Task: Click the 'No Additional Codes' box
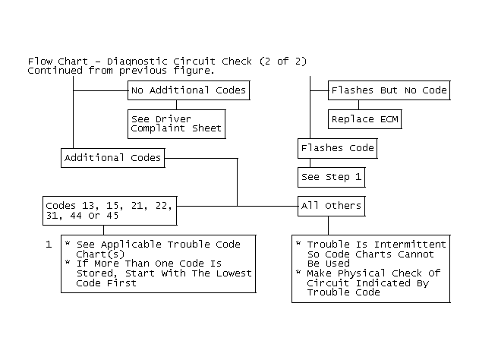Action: coord(189,90)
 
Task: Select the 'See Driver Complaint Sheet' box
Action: coord(177,124)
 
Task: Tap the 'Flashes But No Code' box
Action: coord(389,90)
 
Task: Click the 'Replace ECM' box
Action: coord(364,119)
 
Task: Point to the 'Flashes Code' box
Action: coord(338,148)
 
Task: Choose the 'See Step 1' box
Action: coord(332,177)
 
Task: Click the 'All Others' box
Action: coord(332,206)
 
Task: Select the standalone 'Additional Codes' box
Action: coord(112,158)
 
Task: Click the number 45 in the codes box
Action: coord(112,216)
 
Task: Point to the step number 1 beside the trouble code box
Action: coord(49,245)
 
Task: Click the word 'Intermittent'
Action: coord(410,245)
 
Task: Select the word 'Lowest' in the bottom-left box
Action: coord(234,273)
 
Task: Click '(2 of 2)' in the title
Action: coord(283,62)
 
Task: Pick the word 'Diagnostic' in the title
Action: coord(137,62)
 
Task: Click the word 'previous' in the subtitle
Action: coord(143,71)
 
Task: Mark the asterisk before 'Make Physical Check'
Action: coord(298,272)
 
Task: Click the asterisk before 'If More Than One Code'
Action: coord(68,262)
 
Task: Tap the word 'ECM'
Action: coord(389,119)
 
